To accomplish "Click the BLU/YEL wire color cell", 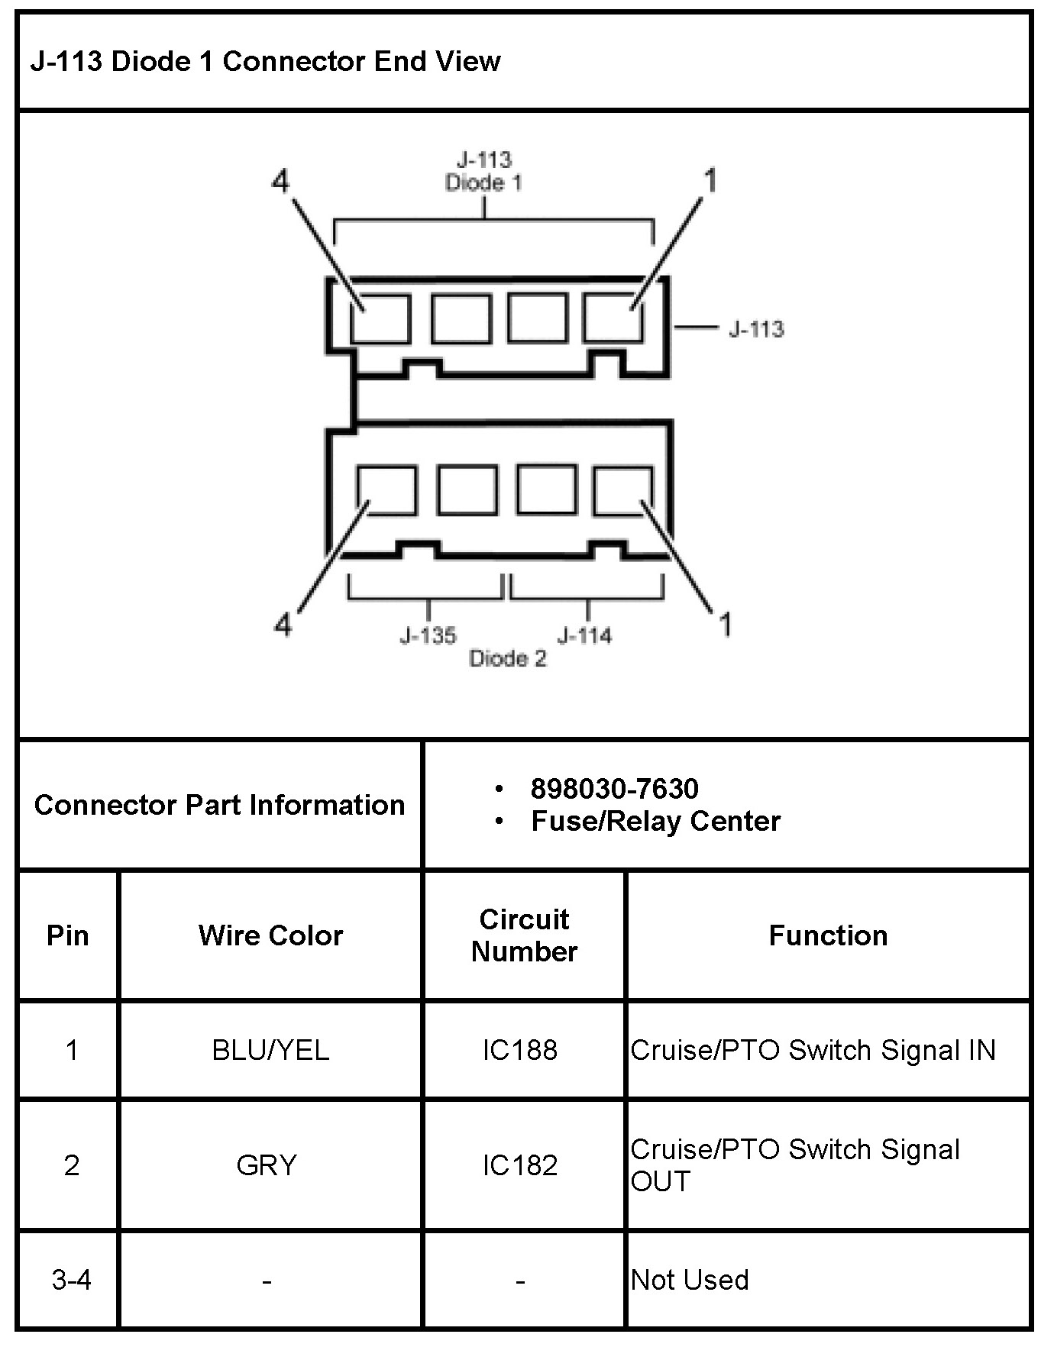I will pos(270,1050).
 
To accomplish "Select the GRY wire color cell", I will pos(267,1165).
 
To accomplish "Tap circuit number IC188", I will pos(519,1050).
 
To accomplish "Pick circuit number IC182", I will pos(519,1165).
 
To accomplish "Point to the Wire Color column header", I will pos(270,935).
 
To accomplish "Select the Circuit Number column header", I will pos(524,935).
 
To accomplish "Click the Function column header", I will pos(828,935).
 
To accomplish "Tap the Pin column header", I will pos(68,935).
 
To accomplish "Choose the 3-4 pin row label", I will pos(71,1280).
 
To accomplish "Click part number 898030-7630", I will pos(614,789).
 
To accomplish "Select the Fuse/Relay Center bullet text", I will pos(655,822).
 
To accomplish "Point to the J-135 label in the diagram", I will pos(428,635).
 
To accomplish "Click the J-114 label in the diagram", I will pos(584,635).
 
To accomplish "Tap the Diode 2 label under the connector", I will pos(508,659).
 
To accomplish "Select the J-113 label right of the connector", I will pos(756,329).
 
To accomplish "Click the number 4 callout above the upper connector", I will pos(281,182).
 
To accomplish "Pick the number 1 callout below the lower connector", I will pos(726,624).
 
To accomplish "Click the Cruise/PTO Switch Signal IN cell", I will pos(813,1050).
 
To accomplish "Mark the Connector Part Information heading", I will pos(220,805).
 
